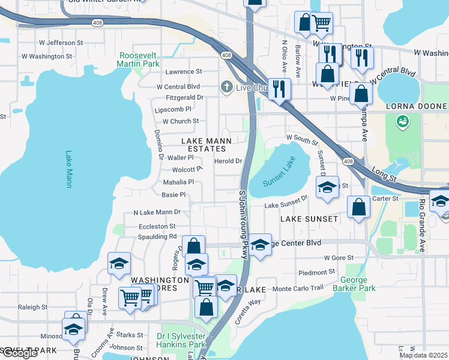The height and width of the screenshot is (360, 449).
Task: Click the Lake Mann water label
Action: pyautogui.click(x=69, y=169)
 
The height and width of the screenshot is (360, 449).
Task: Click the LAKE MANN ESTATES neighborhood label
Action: pyautogui.click(x=203, y=145)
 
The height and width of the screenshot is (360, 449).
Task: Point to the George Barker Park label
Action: pyautogui.click(x=358, y=284)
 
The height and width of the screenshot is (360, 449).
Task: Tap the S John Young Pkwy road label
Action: pyautogui.click(x=243, y=225)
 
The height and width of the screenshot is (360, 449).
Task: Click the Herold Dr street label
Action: pyautogui.click(x=228, y=161)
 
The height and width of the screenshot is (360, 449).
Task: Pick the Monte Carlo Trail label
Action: pyautogui.click(x=298, y=289)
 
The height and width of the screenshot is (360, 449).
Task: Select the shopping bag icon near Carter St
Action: pyautogui.click(x=358, y=207)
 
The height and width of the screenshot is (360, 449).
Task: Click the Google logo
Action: pyautogui.click(x=19, y=353)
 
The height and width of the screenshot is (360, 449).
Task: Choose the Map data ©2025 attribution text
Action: pyautogui.click(x=423, y=355)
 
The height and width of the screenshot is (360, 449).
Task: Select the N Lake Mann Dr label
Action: pyautogui.click(x=157, y=212)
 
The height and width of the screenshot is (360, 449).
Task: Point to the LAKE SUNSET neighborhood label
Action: pyautogui.click(x=310, y=219)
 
